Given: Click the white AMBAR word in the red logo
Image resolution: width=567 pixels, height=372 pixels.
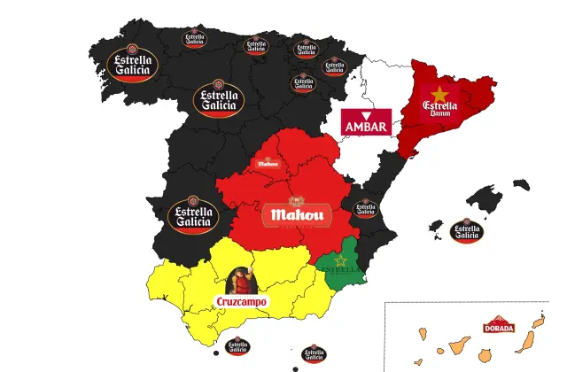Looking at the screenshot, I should click(x=366, y=127).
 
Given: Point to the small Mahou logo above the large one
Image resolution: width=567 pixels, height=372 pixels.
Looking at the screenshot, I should click(x=268, y=162).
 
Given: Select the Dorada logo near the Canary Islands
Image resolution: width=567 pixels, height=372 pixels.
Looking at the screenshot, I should click(x=499, y=325).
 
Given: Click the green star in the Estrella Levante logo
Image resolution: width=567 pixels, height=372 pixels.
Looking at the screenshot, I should click(x=338, y=260).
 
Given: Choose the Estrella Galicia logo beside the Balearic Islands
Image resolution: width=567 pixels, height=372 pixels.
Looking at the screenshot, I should click(x=467, y=232).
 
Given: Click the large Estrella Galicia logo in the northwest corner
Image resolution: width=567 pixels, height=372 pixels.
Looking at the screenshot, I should click(x=132, y=64).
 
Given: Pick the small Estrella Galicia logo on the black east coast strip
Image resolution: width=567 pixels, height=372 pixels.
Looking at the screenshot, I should click(x=365, y=209).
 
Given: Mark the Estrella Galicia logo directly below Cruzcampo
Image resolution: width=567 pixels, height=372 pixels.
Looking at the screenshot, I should click(x=237, y=346).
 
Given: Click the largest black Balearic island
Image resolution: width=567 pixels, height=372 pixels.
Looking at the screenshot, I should click(x=486, y=198).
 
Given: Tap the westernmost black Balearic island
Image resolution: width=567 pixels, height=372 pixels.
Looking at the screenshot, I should click(x=436, y=227).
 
